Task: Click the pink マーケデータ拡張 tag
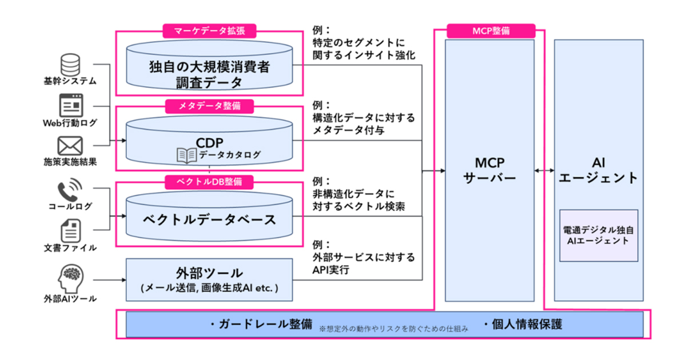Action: (x=209, y=30)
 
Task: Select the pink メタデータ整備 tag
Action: (x=209, y=106)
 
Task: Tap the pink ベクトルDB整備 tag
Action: (x=209, y=181)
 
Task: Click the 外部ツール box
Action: (x=209, y=279)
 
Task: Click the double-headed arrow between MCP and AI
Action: (x=544, y=170)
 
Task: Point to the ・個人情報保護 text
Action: (x=522, y=325)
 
